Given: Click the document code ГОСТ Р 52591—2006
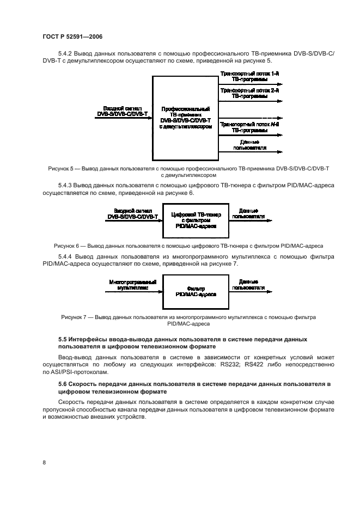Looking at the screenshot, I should click(72, 36).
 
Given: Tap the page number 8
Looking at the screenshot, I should click(44, 462).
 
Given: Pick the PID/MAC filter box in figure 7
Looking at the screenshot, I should click(196, 292).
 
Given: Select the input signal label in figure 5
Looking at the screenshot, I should click(123, 111).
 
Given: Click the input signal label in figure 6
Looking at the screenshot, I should click(133, 213).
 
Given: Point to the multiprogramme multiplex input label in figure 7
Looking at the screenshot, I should click(133, 285).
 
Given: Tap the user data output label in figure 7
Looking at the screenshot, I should click(248, 284).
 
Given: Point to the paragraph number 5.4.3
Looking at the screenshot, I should click(65, 185).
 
